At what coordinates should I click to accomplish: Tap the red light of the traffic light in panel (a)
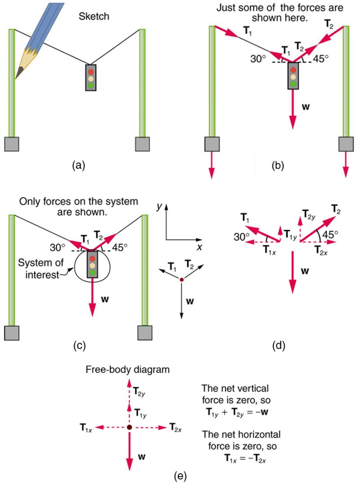pos(91,71)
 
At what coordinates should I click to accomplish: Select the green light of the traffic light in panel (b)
pos(293,84)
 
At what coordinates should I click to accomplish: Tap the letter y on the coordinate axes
pos(159,207)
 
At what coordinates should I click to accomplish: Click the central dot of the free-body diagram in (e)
pos(129,427)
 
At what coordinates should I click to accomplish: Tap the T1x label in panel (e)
pos(86,427)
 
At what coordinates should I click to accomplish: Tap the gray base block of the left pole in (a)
pos(12,144)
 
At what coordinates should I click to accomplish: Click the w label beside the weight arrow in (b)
pos(306,108)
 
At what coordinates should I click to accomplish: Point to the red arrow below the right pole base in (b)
pos(346,164)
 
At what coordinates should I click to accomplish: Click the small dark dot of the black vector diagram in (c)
pos(181,280)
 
